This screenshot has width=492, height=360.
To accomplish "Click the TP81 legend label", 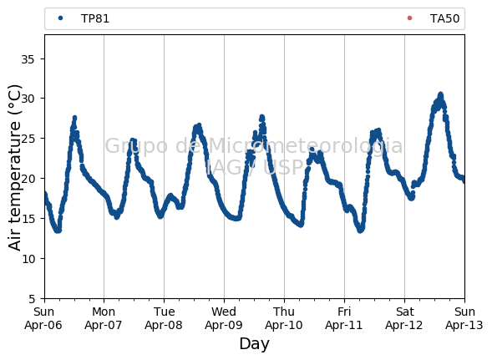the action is [x=95, y=19].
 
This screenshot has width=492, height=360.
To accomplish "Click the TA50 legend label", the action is [x=444, y=19].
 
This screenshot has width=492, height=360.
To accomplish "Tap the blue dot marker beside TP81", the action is [x=60, y=18].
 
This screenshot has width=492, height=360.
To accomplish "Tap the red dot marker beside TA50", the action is [x=409, y=18].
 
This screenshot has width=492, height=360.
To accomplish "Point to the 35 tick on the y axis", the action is [x=28, y=59].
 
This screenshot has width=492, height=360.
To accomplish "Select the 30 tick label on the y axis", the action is [x=28, y=99].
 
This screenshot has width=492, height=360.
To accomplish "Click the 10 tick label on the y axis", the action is [x=28, y=259].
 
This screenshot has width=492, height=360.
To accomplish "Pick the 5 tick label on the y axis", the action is [x=32, y=299].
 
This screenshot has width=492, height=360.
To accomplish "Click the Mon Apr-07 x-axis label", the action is [x=104, y=318].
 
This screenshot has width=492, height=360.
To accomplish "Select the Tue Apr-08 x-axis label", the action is [x=164, y=318].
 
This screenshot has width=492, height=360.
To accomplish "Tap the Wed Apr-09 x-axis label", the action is [x=224, y=318].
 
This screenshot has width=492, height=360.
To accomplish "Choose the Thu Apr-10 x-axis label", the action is [x=284, y=318].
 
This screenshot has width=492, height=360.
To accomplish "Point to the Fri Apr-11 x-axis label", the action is [x=344, y=318].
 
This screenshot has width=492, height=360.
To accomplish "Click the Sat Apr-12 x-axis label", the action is [x=404, y=318].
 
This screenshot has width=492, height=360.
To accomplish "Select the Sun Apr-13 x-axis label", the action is [x=464, y=318].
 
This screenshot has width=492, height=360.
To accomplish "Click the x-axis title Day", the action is [x=254, y=344].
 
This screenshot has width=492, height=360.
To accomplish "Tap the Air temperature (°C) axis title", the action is [x=14, y=168].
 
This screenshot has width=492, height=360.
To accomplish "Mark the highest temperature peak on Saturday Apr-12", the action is [x=440, y=94].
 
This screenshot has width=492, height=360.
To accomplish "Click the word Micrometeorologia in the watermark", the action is [x=305, y=146].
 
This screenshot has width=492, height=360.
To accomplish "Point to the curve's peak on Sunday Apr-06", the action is [x=74, y=118].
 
